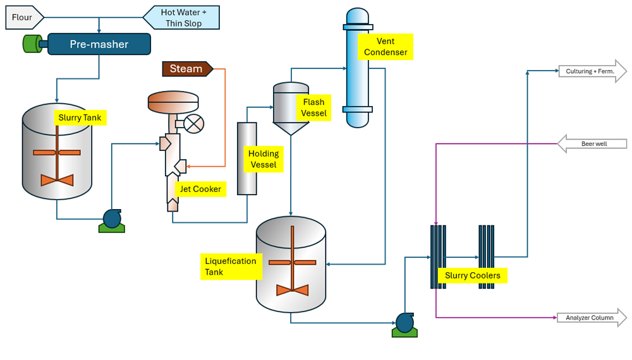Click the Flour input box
tap(23, 18)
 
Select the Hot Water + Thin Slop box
tap(181, 18)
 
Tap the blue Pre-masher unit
tap(99, 44)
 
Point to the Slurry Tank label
tap(80, 117)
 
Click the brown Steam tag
tap(186, 69)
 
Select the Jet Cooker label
tap(200, 189)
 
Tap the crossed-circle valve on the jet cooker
tap(195, 123)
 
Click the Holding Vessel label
tap(264, 159)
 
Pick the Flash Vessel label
tap(313, 107)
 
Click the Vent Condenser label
tap(386, 47)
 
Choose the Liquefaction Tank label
tap(231, 267)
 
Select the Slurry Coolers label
tap(473, 275)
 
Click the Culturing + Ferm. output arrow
tap(592, 71)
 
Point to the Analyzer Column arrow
tap(592, 318)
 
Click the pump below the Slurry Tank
tap(112, 220)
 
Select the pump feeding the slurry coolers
tap(404, 323)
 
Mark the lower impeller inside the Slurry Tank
tap(57, 180)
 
